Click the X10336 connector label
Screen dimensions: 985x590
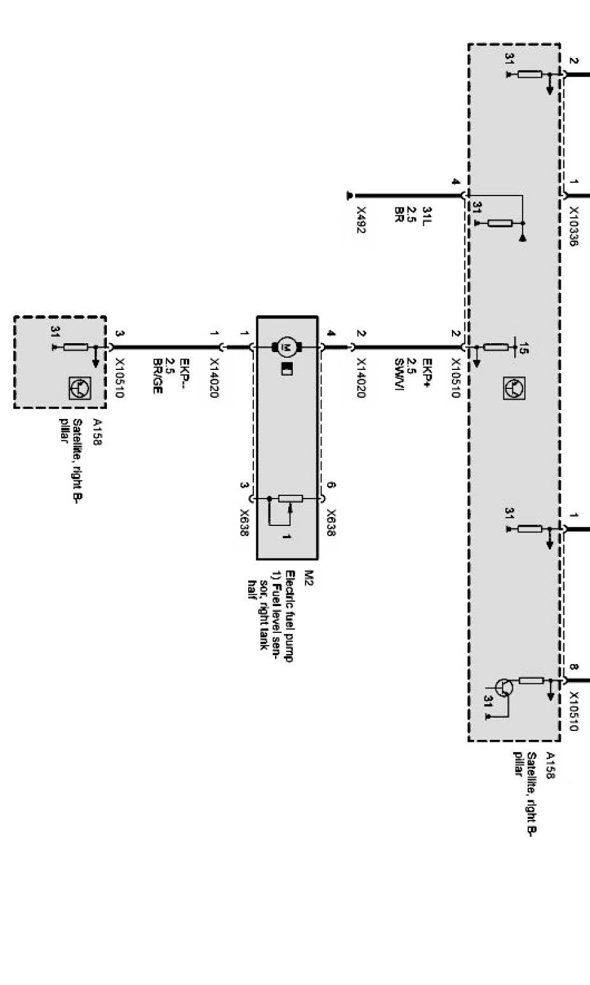point(573,225)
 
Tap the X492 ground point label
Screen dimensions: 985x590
point(361,220)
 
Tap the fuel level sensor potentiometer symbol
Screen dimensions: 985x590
point(290,499)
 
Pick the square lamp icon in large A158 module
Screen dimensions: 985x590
point(512,388)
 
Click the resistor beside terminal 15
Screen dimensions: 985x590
point(496,348)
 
